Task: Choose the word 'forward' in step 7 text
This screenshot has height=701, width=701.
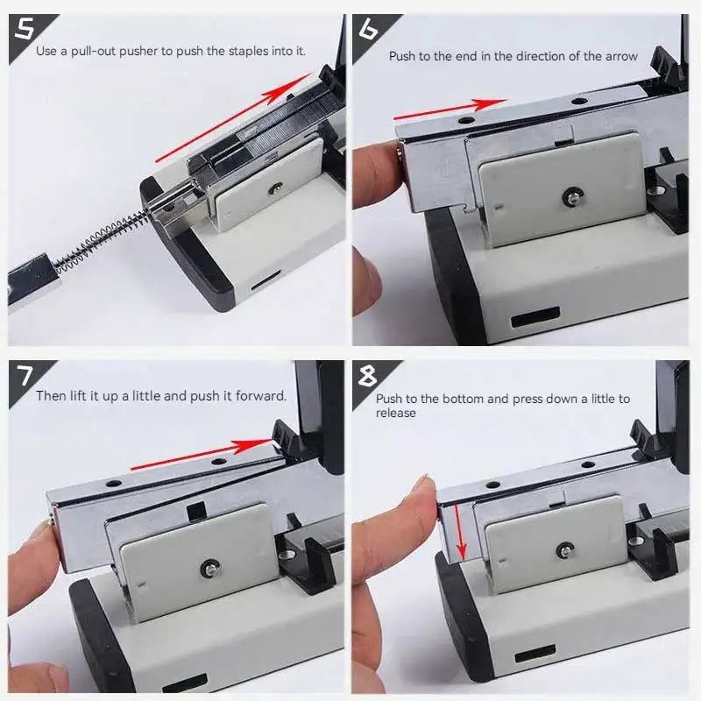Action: pos(262,396)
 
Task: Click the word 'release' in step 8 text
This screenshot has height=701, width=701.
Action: pos(396,413)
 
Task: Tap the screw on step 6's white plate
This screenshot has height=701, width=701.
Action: pos(571,197)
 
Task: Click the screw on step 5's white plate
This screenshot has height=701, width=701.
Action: pos(276,186)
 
